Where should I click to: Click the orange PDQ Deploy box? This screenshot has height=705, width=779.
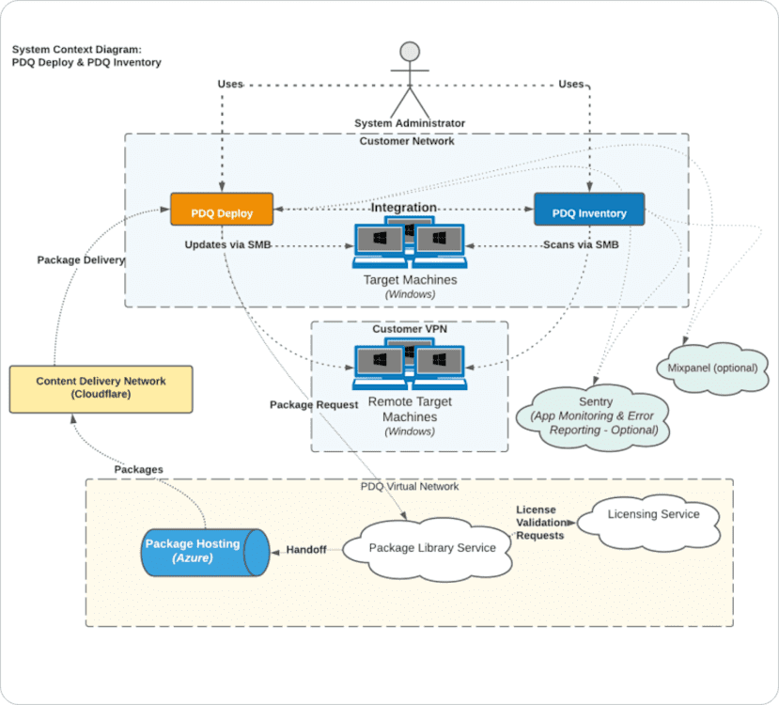click(x=222, y=210)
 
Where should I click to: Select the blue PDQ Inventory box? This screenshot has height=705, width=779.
click(x=589, y=210)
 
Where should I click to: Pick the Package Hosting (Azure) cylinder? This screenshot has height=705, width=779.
click(x=203, y=551)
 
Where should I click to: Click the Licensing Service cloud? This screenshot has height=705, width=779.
click(x=652, y=517)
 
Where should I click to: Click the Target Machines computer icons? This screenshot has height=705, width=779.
click(x=410, y=245)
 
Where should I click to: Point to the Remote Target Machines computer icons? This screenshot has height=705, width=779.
click(x=410, y=367)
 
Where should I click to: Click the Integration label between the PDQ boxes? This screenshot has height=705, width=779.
click(x=403, y=207)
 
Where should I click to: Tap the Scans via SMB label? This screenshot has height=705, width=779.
click(x=581, y=245)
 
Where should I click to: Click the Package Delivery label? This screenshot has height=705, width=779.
click(x=81, y=260)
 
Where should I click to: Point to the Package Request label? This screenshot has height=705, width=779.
click(x=314, y=405)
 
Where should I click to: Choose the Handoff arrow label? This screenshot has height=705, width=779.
click(x=306, y=550)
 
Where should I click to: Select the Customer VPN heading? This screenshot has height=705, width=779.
click(x=410, y=329)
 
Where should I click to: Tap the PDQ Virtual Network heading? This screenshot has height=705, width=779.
click(x=410, y=487)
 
